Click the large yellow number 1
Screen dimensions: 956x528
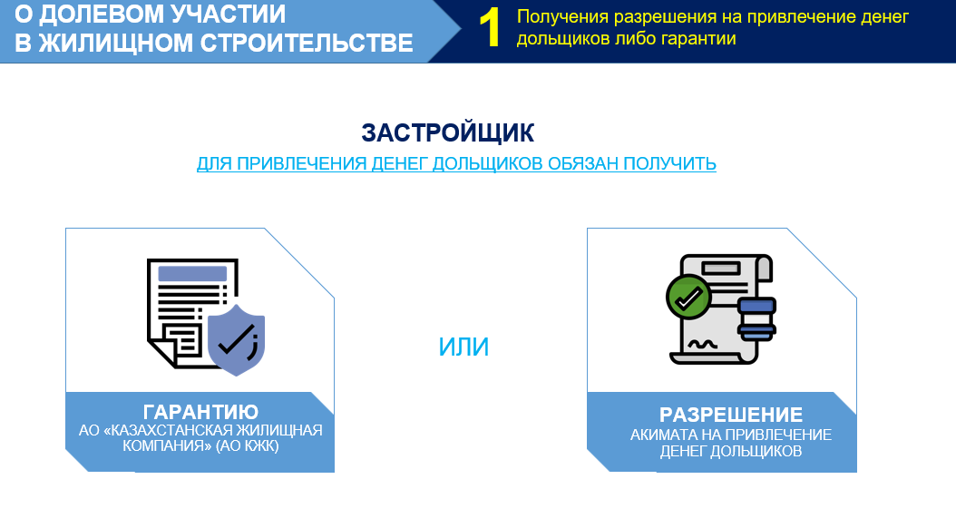(x=490, y=28)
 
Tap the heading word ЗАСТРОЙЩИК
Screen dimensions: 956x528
(x=447, y=133)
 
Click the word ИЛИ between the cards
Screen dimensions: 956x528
(x=463, y=347)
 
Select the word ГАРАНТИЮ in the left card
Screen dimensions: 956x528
(x=200, y=412)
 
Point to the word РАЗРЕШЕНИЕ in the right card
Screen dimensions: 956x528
(x=731, y=415)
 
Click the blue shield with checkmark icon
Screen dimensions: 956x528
(x=236, y=339)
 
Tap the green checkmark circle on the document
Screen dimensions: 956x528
(x=688, y=298)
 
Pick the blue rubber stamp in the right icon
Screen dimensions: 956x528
(x=756, y=318)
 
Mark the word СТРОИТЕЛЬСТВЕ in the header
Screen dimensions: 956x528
(x=307, y=44)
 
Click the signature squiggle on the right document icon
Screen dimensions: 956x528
(x=702, y=345)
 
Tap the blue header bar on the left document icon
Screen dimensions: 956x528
(x=192, y=273)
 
